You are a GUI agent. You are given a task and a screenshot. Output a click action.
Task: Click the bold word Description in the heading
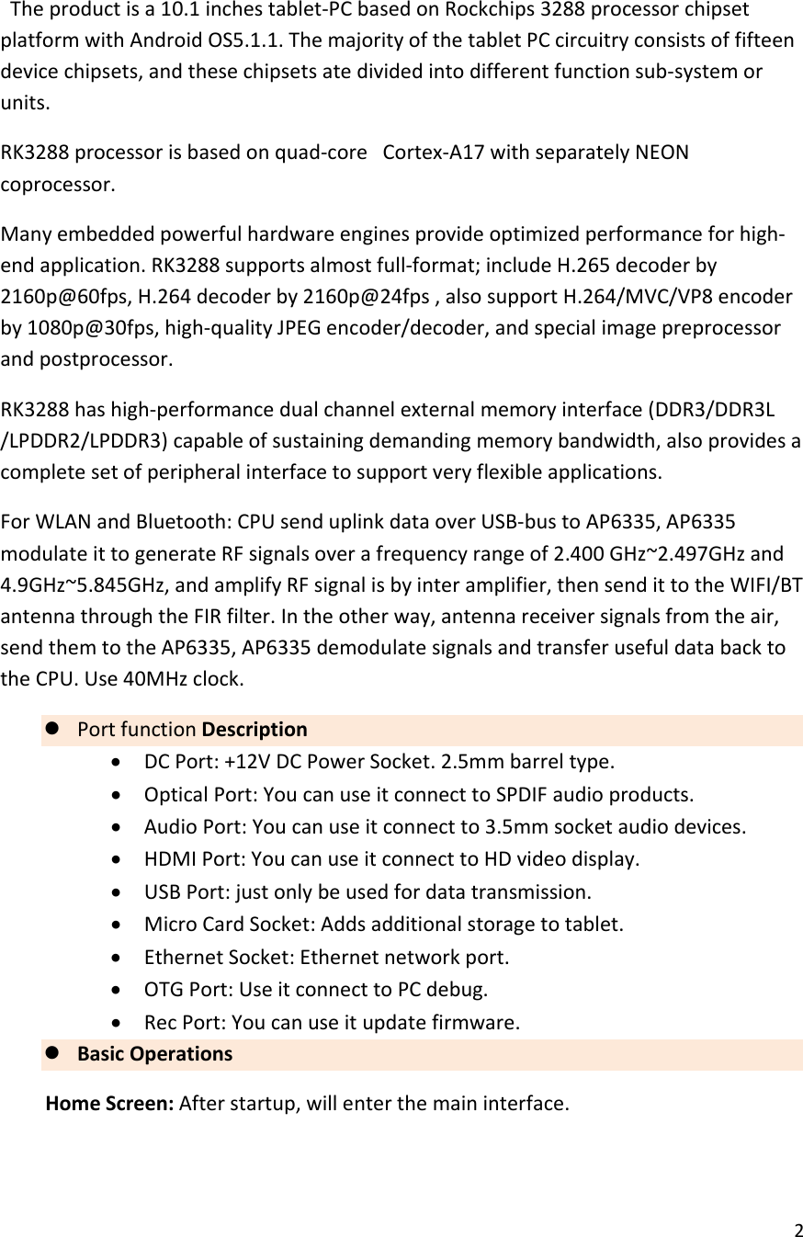pos(254,730)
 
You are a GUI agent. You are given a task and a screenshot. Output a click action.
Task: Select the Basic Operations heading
pos(154,1054)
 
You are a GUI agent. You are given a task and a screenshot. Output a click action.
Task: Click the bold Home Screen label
pos(110,1102)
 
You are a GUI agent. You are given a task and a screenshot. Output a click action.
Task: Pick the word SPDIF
pos(520,794)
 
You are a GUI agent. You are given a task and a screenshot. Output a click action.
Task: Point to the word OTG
pos(161,991)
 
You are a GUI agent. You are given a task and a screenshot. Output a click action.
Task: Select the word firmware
pos(481,1022)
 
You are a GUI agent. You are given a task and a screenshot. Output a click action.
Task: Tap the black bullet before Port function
pos(52,729)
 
